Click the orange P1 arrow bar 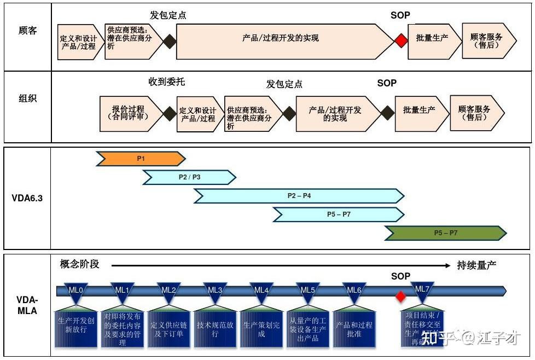click(141, 159)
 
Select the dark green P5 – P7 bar click(445, 233)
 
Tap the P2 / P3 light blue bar click(189, 177)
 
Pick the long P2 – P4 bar click(299, 196)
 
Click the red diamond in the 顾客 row click(402, 40)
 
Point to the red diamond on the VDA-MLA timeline click(401, 297)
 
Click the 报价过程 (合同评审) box click(130, 113)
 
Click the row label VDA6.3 click(27, 199)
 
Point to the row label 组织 click(27, 99)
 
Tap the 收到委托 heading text click(167, 82)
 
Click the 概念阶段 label click(80, 264)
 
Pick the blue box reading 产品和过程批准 click(354, 329)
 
